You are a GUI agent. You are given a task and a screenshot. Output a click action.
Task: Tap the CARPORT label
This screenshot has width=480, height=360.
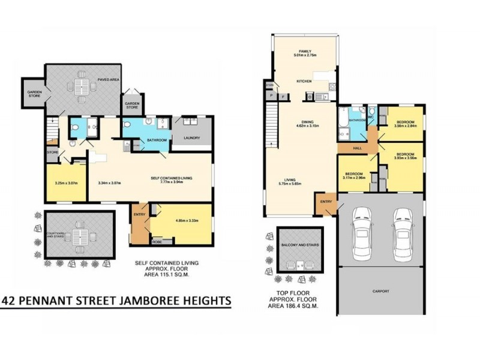(x=381, y=291)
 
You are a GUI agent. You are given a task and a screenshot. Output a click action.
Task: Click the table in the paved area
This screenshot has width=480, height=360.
(x=79, y=88)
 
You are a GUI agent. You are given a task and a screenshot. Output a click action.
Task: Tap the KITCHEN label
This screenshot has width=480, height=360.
(x=305, y=81)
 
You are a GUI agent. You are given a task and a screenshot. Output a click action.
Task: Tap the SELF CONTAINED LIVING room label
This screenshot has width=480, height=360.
(x=170, y=178)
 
